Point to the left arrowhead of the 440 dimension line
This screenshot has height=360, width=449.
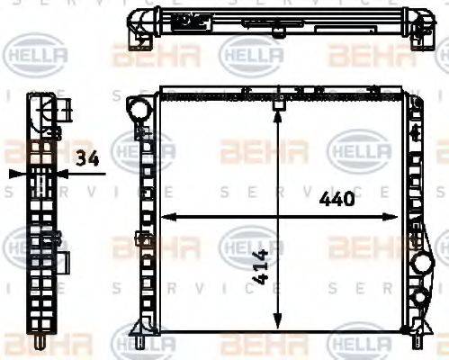[166, 217]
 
